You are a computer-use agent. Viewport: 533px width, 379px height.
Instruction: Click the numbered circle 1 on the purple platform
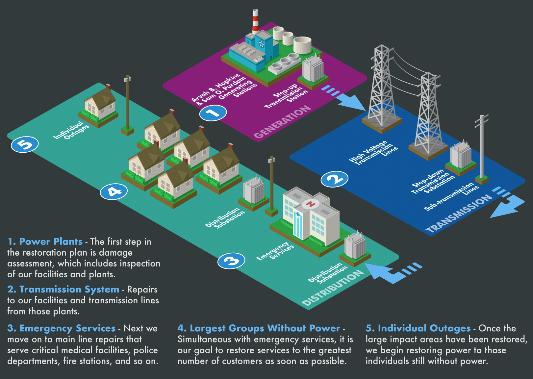213,113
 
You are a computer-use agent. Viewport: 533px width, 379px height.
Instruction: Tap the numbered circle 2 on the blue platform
334,179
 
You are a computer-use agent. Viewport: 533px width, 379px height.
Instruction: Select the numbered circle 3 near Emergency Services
231,261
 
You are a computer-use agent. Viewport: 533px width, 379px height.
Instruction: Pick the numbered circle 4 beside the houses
114,191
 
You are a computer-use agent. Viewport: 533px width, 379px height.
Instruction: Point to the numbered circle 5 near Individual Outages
25,144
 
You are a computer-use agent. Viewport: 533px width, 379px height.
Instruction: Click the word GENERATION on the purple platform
283,122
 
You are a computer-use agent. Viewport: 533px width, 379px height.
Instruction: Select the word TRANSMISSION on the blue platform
459,214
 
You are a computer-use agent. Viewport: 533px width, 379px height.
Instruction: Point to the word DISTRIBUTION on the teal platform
333,288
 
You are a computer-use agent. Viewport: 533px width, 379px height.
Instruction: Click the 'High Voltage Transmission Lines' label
374,153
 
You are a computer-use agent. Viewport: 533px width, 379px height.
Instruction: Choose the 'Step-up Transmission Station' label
286,96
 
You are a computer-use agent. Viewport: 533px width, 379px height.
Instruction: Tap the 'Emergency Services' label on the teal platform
275,252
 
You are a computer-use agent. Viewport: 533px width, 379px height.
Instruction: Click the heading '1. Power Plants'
45,241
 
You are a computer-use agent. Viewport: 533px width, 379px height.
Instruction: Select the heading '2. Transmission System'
63,290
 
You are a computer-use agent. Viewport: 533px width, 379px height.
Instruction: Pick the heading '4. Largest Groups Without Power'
259,328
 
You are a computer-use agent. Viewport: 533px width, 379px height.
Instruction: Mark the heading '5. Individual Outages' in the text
418,328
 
